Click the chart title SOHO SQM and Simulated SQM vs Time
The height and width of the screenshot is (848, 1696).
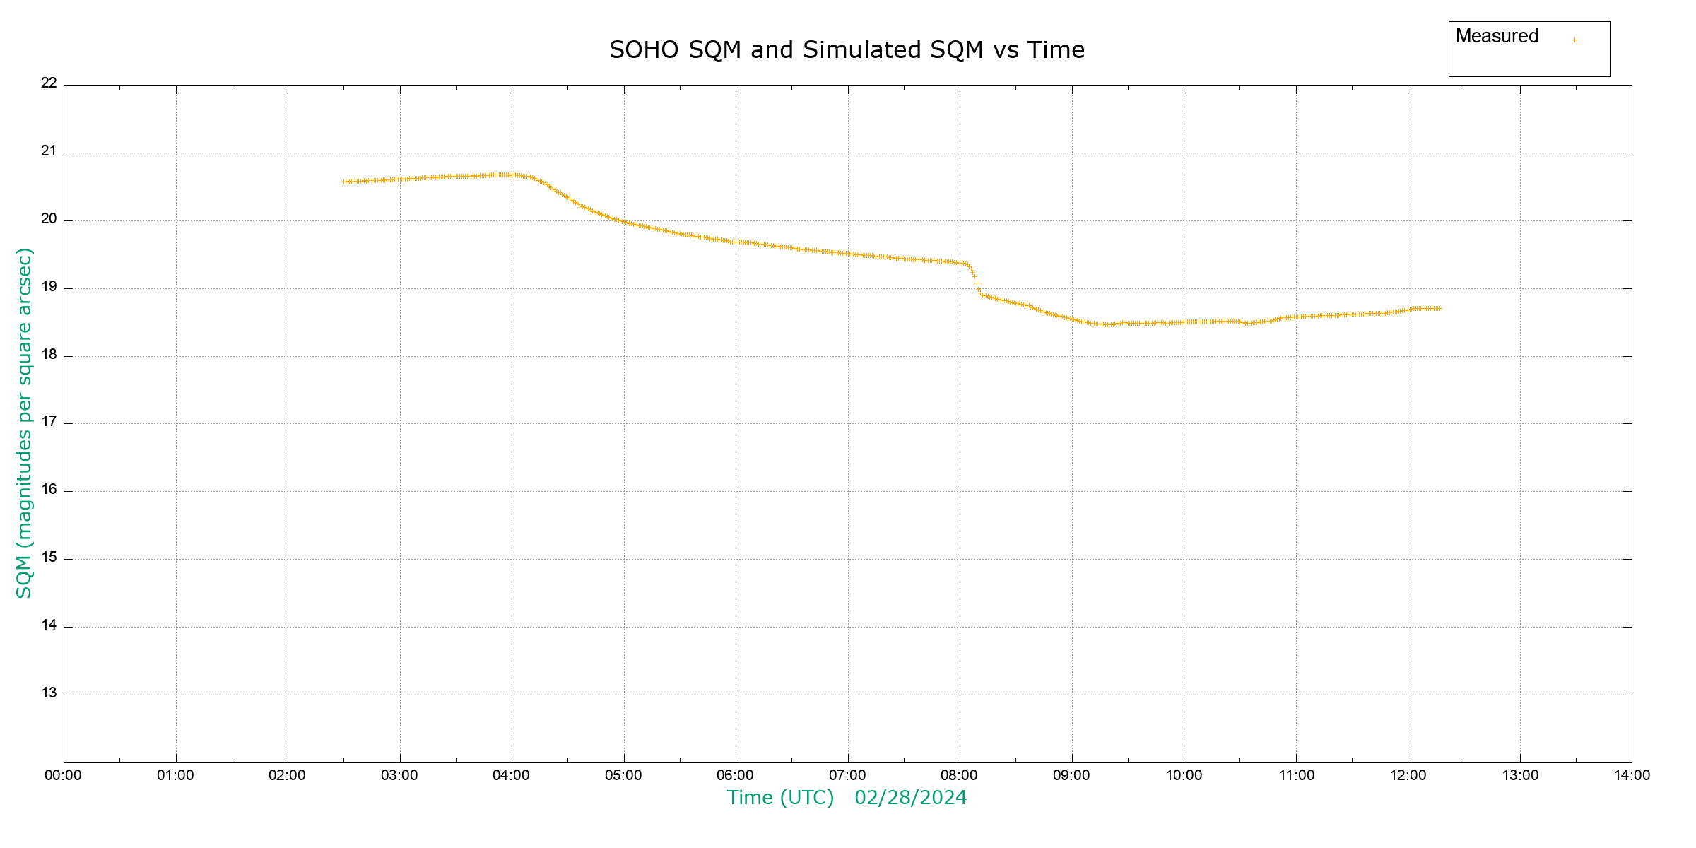pyautogui.click(x=847, y=50)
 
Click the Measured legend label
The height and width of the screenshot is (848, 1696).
pyautogui.click(x=1497, y=36)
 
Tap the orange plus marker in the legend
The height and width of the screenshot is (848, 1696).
pyautogui.click(x=1574, y=40)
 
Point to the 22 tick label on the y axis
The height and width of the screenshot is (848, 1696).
pyautogui.click(x=49, y=83)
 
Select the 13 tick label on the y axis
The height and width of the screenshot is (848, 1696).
pyautogui.click(x=49, y=693)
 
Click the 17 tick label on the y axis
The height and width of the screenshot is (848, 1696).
pyautogui.click(x=49, y=422)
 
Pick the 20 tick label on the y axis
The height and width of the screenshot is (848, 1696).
pyautogui.click(x=49, y=218)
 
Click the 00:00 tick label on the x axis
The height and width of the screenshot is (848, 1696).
pyautogui.click(x=63, y=775)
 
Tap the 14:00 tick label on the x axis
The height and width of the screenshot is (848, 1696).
pyautogui.click(x=1632, y=775)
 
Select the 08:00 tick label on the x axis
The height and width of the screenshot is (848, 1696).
pyautogui.click(x=959, y=775)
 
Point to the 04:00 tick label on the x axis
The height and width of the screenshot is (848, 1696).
pyautogui.click(x=511, y=775)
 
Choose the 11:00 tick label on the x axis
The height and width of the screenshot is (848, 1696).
pyautogui.click(x=1296, y=775)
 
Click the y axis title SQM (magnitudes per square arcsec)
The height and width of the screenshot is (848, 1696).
pyautogui.click(x=24, y=423)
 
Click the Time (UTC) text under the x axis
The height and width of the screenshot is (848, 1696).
pyautogui.click(x=780, y=798)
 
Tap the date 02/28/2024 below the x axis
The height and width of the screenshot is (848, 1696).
pyautogui.click(x=910, y=798)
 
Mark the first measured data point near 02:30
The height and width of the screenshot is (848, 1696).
pyautogui.click(x=344, y=182)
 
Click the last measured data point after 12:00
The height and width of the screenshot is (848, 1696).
pyautogui.click(x=1439, y=309)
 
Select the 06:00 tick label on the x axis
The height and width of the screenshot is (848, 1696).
pyautogui.click(x=735, y=775)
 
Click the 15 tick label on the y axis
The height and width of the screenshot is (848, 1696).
pyautogui.click(x=49, y=558)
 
